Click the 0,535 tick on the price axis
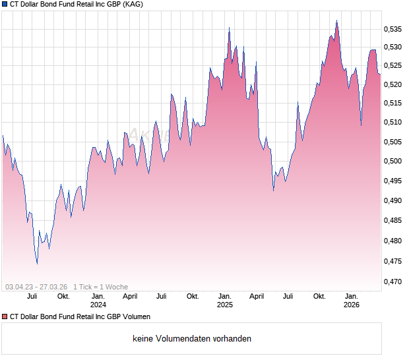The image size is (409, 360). tap(394, 29)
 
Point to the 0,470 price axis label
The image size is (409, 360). tap(394, 282)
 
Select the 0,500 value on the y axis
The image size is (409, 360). tap(394, 161)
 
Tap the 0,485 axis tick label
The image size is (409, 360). tap(394, 221)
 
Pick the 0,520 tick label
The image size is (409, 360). tap(394, 84)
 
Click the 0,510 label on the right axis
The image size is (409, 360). tap(394, 122)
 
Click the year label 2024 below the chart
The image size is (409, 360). tap(98, 305)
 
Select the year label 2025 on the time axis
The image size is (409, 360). tap(225, 305)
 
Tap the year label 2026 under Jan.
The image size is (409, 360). tap(352, 305)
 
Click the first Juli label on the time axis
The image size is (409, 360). tap(32, 297)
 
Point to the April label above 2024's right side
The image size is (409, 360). tap(129, 297)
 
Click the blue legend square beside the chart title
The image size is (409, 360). tap(5, 5)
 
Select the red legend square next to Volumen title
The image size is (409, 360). tap(5, 317)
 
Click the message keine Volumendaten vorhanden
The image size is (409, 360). tap(192, 339)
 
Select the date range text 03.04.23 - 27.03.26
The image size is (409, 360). tap(36, 287)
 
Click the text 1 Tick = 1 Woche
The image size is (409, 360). tap(101, 287)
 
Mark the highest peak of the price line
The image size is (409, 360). tap(336, 20)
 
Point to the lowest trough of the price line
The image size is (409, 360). tap(37, 264)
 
